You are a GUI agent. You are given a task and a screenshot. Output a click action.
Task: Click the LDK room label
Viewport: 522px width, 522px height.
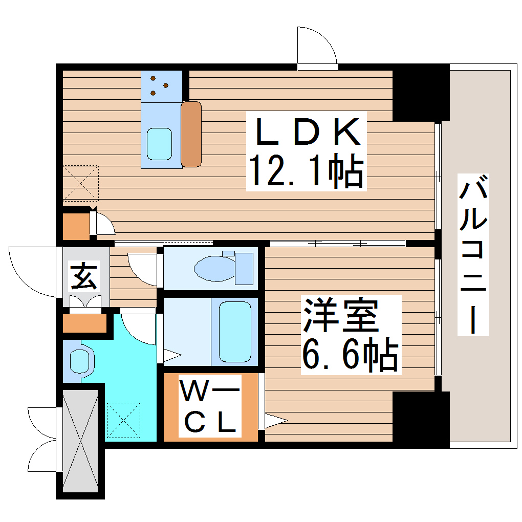point(306,132)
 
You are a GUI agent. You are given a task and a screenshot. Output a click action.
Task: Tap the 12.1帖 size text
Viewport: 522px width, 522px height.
point(306,171)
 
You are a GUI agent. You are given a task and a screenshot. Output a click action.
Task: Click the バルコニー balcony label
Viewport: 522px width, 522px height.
point(473,254)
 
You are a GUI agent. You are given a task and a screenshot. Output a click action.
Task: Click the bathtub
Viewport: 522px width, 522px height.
point(235,332)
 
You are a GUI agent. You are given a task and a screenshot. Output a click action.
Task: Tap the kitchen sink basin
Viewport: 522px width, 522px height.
point(159,144)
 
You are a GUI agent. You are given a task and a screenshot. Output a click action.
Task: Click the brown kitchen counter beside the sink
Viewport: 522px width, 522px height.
point(191,134)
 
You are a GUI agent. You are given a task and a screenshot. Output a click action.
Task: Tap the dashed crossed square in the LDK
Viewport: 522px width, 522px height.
point(80,183)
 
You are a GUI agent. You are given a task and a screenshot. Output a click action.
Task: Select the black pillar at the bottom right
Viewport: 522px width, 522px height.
point(420,417)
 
